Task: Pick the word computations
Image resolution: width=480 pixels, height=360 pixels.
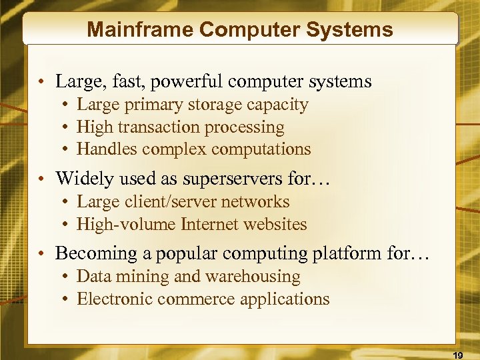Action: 268,149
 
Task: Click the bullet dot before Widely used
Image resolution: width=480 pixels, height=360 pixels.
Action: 42,179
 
